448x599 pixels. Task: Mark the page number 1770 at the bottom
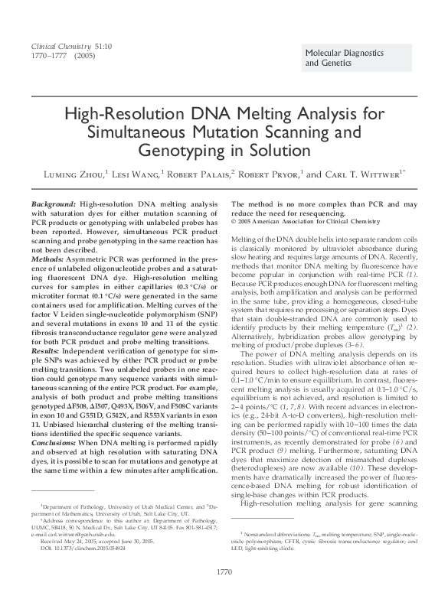click(224, 571)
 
